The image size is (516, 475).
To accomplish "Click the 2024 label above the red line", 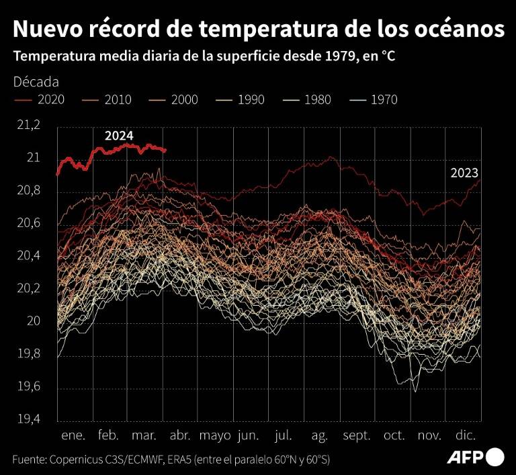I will point(119,136).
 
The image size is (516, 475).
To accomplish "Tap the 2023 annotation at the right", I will point(464,173).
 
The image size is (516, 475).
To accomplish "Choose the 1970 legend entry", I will point(384,100).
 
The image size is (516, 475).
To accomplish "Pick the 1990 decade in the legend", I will point(251,100).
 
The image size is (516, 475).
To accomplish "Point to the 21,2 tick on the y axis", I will point(28,125).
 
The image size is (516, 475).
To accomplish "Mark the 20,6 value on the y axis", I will point(28,223).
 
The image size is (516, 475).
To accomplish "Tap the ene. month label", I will point(73,435).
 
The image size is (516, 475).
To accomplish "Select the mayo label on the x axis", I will point(215,435).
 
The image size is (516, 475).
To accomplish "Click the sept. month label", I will point(356,435).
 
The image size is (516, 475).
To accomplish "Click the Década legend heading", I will point(36,82).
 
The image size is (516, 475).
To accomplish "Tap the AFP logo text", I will point(465,458).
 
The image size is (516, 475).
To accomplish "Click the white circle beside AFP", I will point(496,458).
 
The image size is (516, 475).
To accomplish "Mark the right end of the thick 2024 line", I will point(165,150).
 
